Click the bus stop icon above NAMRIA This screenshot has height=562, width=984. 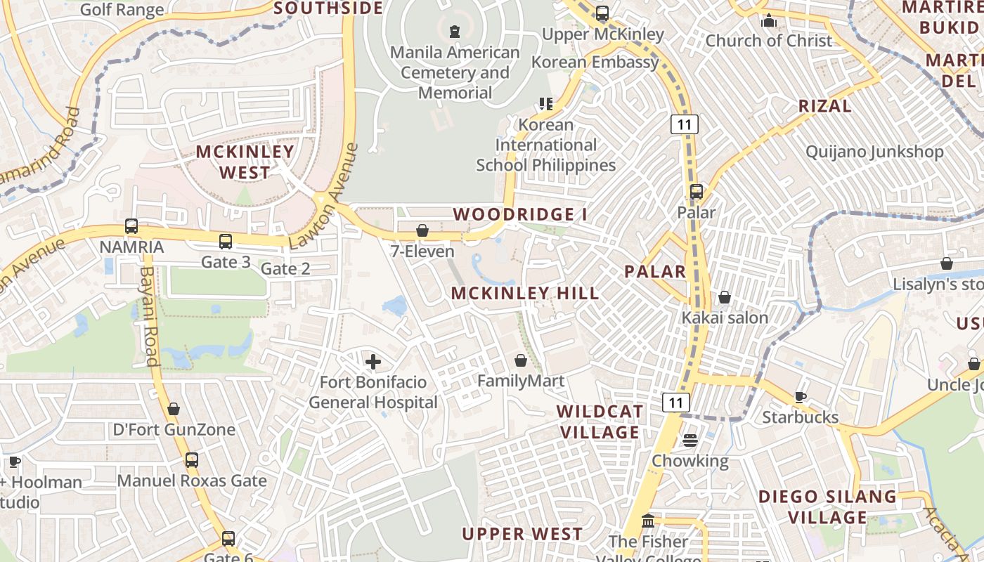click(131, 226)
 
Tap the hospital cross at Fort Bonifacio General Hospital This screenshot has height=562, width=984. click(373, 362)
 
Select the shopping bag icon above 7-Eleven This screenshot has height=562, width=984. click(422, 230)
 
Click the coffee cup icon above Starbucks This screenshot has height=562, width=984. click(801, 397)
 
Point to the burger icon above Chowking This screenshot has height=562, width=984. click(690, 440)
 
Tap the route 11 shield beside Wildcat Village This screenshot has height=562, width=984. click(675, 403)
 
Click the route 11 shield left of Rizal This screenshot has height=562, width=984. click(683, 125)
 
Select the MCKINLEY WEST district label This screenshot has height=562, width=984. click(245, 162)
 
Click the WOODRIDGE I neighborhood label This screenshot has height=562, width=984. click(520, 214)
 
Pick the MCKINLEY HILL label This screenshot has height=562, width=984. click(525, 293)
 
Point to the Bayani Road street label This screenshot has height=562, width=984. click(148, 315)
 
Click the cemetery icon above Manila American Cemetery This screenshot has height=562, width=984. click(455, 31)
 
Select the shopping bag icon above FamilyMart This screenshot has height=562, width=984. click(521, 360)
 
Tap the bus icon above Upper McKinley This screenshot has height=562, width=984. click(602, 13)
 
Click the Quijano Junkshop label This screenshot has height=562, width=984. click(874, 152)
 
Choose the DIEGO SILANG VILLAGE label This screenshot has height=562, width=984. click(827, 507)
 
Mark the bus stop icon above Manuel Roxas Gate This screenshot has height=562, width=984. click(192, 460)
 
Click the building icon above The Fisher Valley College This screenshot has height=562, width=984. click(648, 522)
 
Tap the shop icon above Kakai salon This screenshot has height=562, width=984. click(725, 297)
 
